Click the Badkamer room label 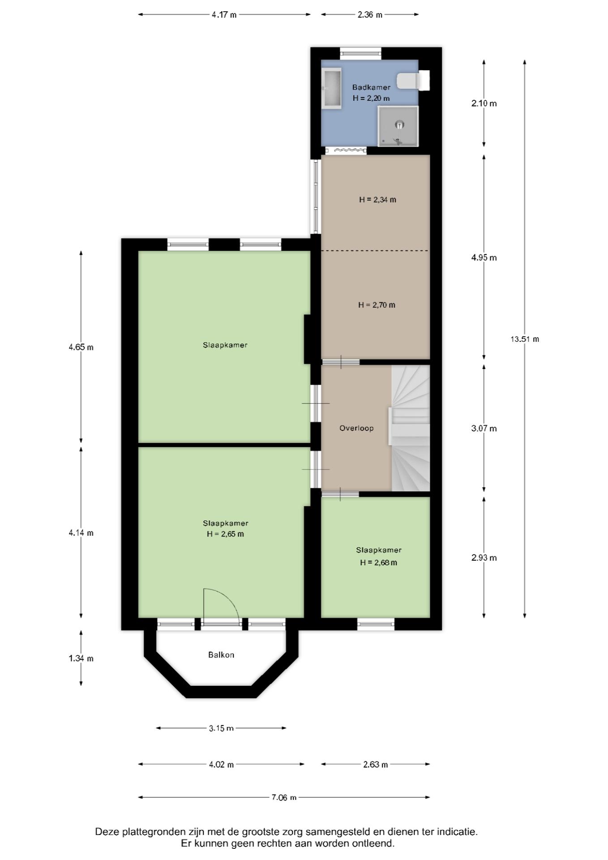pos(371,87)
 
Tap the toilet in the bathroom pos(413,80)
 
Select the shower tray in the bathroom pos(398,126)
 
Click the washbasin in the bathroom pos(331,88)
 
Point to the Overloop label pos(356,428)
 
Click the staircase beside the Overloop pos(411,428)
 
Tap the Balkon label pos(221,655)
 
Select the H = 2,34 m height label pos(377,200)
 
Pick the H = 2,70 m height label pos(377,305)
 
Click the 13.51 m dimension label pos(525,339)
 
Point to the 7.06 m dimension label pos(284,797)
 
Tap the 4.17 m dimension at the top pos(224,15)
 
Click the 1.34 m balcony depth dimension pos(81,658)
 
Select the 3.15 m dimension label pos(221,728)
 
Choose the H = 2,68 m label pos(378,563)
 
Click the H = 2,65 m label pos(225,534)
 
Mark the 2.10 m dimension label pos(484,103)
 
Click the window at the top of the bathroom pos(360,53)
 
